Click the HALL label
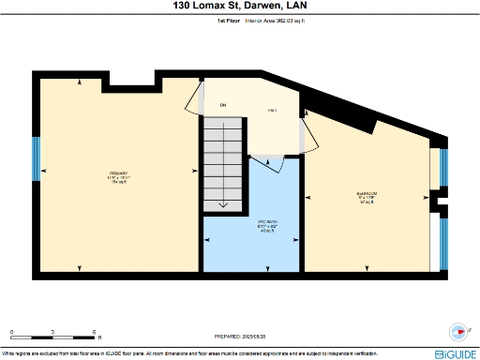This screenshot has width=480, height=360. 272,111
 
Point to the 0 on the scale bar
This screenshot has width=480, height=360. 12,332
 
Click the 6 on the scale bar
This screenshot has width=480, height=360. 95,332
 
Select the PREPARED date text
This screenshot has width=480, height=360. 240,335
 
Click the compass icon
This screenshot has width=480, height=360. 457,330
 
